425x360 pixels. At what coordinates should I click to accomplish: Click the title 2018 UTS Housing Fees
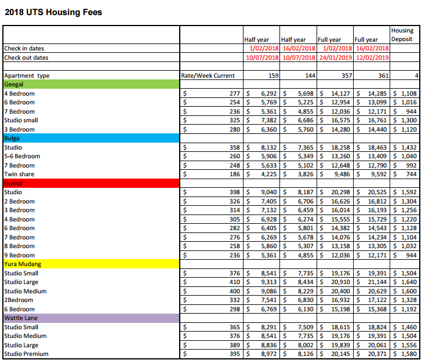point(53,12)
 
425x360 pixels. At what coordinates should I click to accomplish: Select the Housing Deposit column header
point(402,35)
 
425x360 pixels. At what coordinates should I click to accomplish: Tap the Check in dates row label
point(24,49)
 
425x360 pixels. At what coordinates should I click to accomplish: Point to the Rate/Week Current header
point(208,76)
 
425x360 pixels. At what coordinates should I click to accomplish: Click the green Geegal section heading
point(14,84)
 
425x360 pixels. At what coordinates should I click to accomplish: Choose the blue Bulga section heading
point(12,138)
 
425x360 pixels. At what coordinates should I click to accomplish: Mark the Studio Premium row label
point(26,354)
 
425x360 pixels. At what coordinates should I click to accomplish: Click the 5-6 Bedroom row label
point(22,156)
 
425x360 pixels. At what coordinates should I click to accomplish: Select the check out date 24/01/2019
point(335,57)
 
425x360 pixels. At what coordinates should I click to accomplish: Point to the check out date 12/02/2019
point(372,57)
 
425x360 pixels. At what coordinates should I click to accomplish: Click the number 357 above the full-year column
point(346,76)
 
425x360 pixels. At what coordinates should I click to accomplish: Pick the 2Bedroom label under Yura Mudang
point(19,300)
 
